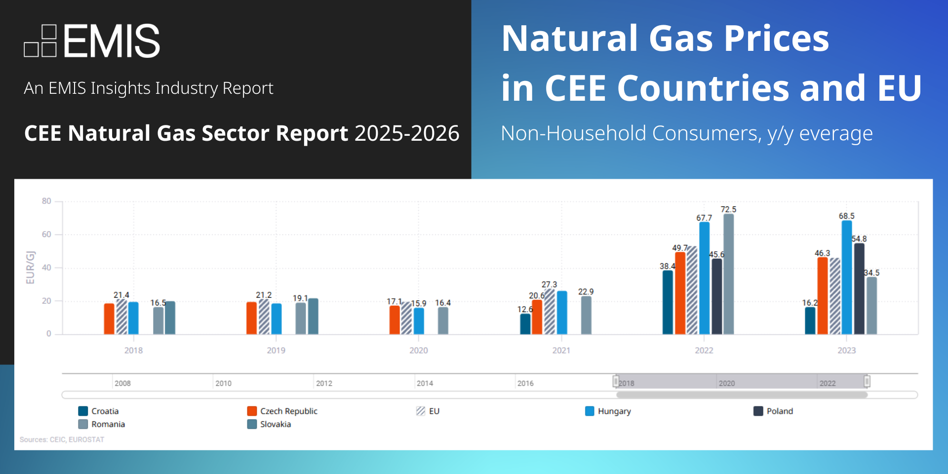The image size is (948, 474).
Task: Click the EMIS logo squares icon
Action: (40, 41)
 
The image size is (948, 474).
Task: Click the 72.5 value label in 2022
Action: (728, 209)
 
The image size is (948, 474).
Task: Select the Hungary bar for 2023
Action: (846, 277)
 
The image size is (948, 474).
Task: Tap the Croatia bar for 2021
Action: (525, 324)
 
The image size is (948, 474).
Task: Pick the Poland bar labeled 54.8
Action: (859, 289)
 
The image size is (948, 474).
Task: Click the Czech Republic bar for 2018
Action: (109, 319)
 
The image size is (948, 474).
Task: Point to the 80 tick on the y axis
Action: (46, 201)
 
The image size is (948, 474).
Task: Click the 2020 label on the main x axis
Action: (418, 351)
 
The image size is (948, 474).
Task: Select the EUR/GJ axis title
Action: (31, 268)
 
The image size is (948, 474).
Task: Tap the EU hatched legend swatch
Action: (421, 411)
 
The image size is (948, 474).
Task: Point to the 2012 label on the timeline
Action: (324, 383)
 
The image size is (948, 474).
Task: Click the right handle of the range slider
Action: (867, 381)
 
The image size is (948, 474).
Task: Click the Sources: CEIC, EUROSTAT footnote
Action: (62, 439)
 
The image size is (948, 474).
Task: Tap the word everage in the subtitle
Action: (835, 133)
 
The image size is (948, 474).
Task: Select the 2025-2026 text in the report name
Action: (407, 133)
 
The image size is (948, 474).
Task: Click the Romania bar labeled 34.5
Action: (871, 306)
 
